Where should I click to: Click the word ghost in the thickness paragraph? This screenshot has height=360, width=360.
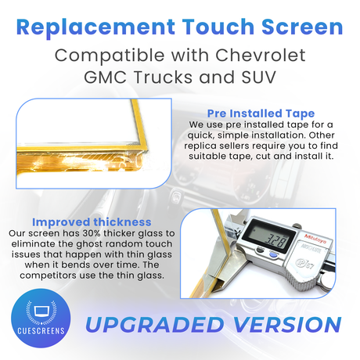coord(88,244)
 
